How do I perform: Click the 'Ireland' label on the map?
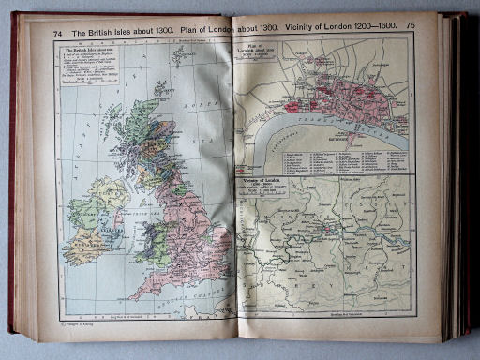[94, 225]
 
